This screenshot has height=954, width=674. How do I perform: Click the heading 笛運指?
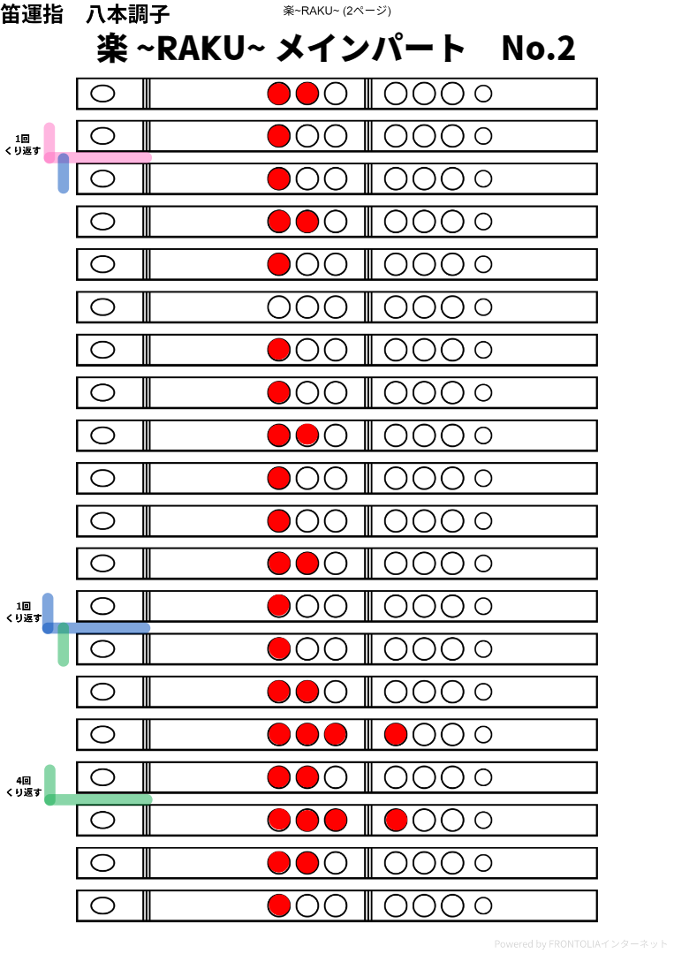pos(34,15)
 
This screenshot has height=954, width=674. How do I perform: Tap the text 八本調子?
pos(128,15)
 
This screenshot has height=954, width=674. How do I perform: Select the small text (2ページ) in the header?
pos(369,11)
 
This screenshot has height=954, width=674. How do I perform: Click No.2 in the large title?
pos(538,49)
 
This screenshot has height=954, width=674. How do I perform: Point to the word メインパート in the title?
pos(371,49)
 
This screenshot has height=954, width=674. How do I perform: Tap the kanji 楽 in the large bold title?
pos(116,49)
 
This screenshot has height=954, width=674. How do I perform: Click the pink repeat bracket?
pos(97,157)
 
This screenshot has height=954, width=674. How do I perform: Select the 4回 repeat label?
pos(24,781)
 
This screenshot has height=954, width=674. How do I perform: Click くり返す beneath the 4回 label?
pos(24,793)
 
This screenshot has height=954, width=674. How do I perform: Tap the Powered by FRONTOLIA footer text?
pos(581,944)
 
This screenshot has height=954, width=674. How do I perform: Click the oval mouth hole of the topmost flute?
pos(103,94)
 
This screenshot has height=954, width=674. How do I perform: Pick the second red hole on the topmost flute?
pos(307,94)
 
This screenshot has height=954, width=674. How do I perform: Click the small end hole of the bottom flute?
pos(483,905)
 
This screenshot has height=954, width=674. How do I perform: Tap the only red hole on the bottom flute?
pos(279,905)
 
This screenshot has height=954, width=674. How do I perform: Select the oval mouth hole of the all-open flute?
pos(103,307)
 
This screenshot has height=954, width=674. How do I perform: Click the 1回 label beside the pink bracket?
pos(24,139)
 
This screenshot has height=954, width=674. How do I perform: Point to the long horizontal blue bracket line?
pos(102,628)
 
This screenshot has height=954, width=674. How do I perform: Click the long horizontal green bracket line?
pos(102,799)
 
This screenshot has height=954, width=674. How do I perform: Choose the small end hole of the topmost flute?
pos(483,94)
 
